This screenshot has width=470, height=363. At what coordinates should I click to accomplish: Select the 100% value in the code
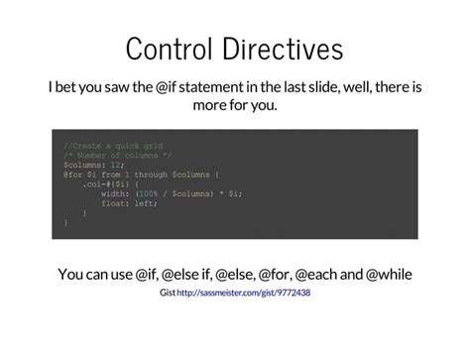(148, 194)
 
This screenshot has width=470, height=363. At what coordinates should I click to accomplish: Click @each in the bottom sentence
(319, 274)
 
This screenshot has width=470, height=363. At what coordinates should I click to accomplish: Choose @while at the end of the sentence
(387, 274)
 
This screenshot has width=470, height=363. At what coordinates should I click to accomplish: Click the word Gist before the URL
(167, 294)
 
